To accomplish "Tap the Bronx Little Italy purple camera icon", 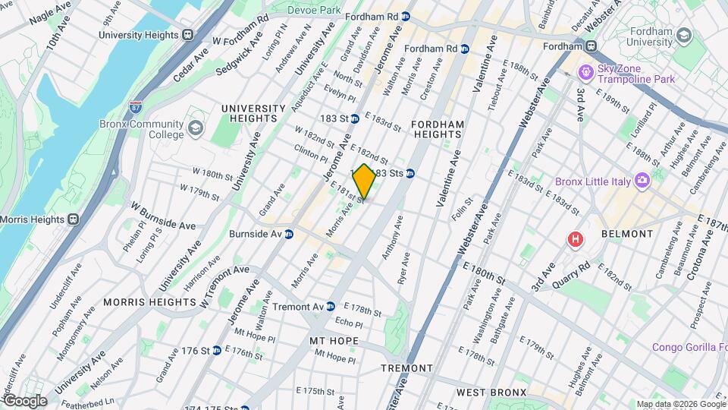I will pos(642,181).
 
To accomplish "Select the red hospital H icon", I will pos(576,240).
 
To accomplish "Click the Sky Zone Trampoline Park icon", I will pos(585,72).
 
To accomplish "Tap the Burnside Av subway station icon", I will pos(289,234).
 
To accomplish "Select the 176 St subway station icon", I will pos(217,350).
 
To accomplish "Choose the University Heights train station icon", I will pos(187,34).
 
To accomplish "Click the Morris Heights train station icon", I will pos(74,219).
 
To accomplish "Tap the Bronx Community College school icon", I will pos(196,127).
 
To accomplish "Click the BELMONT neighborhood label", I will pos(626,235).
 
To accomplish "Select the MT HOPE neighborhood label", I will pos(333,341).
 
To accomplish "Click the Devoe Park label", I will pos(315,10).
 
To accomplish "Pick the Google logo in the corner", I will pos(24,401).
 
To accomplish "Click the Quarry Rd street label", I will pos(572,271).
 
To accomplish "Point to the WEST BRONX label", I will pos(491,393).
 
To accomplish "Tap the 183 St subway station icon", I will pos(355,118).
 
